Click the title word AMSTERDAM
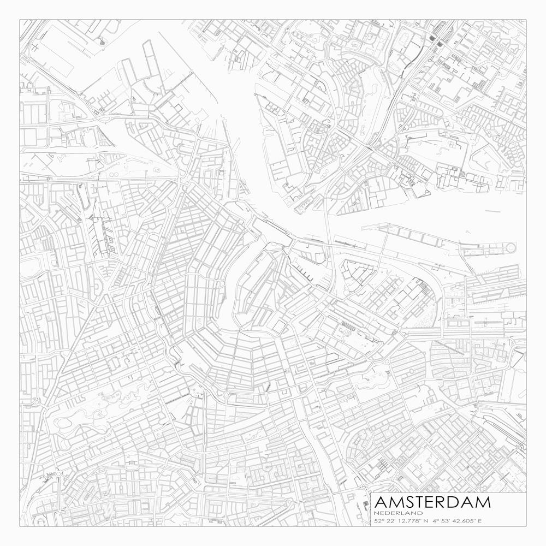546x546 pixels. coord(432,502)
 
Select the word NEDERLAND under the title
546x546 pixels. coord(399,513)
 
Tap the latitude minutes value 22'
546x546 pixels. coord(391,521)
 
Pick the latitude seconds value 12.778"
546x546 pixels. coord(410,521)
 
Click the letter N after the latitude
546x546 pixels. coord(426,521)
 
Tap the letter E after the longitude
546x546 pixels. coord(480,521)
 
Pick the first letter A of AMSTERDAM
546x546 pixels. coord(381,502)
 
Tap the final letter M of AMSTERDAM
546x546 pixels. coord(483,502)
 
